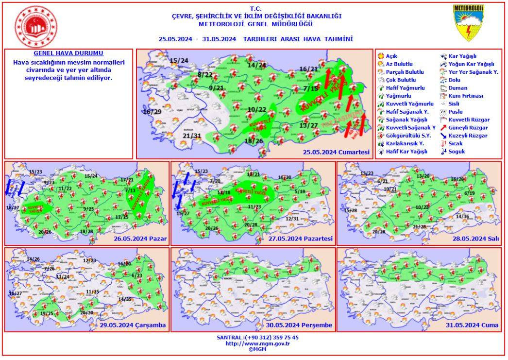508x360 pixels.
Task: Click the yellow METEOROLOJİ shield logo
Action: click(x=469, y=23)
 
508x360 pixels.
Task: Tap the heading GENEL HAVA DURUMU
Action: click(x=68, y=53)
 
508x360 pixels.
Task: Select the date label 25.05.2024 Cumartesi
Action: click(x=337, y=152)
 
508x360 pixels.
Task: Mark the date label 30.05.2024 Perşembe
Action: click(x=302, y=326)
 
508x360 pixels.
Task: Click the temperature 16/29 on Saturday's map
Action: click(x=152, y=112)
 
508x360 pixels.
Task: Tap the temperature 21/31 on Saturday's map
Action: click(x=192, y=136)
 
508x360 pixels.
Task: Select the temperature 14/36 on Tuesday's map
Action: click(x=463, y=216)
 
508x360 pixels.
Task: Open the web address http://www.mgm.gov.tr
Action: click(x=257, y=343)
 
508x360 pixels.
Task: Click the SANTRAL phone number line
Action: click(x=257, y=337)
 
